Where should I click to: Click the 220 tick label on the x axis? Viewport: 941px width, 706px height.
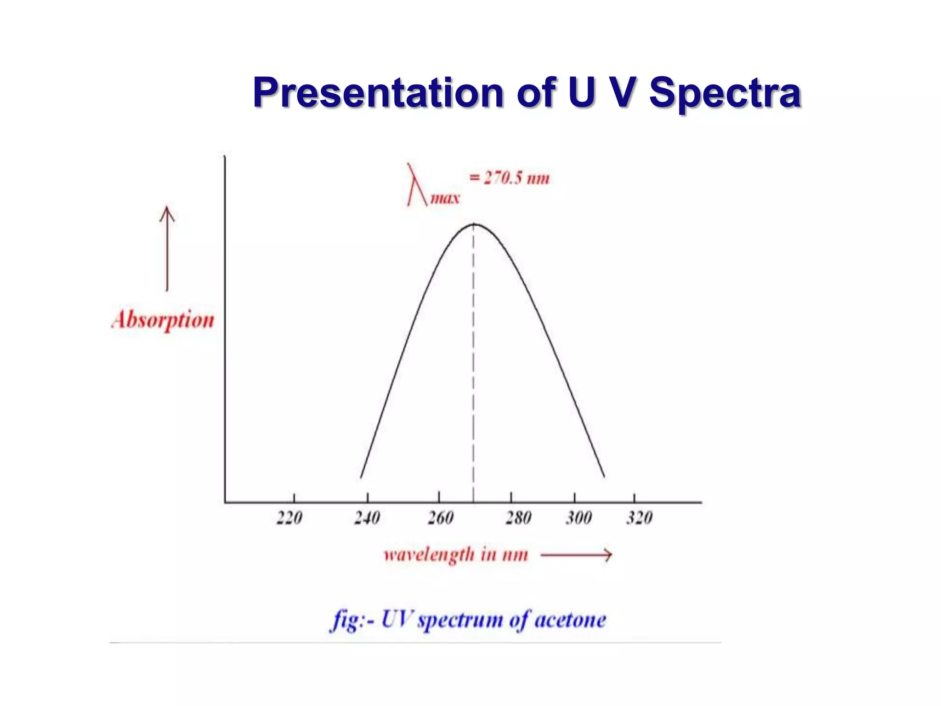pyautogui.click(x=289, y=518)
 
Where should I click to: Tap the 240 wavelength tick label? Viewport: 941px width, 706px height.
pyautogui.click(x=367, y=518)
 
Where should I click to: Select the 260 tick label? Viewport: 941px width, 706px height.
pyautogui.click(x=441, y=518)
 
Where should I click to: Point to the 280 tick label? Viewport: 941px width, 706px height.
pyautogui.click(x=518, y=518)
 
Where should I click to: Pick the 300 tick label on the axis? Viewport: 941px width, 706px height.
pyautogui.click(x=578, y=518)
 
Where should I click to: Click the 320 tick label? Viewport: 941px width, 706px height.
pyautogui.click(x=639, y=518)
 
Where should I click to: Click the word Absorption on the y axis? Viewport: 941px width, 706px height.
pyautogui.click(x=163, y=320)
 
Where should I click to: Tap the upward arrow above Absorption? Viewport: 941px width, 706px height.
pyautogui.click(x=167, y=248)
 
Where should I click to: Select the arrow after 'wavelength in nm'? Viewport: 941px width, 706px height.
pyautogui.click(x=577, y=555)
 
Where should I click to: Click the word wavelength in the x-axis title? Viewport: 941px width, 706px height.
pyautogui.click(x=429, y=555)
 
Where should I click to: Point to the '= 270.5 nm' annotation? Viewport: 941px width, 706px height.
pyautogui.click(x=509, y=178)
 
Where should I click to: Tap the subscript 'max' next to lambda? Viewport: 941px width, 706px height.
pyautogui.click(x=445, y=199)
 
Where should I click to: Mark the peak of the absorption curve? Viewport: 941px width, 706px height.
pyautogui.click(x=474, y=224)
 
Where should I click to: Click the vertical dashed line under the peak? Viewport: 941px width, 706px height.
pyautogui.click(x=474, y=368)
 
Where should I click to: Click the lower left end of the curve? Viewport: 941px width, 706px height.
pyautogui.click(x=361, y=477)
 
